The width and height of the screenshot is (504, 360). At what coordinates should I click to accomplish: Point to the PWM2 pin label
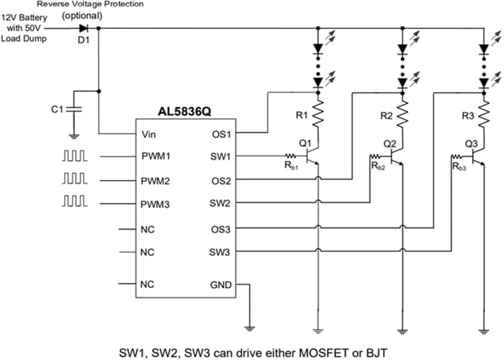click(156, 180)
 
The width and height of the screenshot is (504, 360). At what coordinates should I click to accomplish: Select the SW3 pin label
click(220, 252)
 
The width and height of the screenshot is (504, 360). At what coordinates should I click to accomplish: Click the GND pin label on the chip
click(220, 284)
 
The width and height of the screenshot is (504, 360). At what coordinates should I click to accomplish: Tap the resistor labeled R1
click(318, 113)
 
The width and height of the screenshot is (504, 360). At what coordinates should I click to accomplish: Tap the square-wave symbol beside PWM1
click(74, 156)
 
